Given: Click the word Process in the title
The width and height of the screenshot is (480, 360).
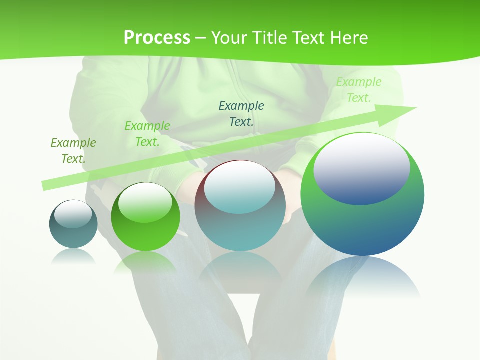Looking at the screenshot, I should (157, 38).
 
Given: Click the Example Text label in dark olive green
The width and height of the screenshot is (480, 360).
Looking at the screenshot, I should (73, 150).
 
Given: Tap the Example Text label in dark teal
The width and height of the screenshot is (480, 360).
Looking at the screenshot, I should (241, 113).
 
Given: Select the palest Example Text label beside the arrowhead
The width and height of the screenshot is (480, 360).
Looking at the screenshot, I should (359, 90).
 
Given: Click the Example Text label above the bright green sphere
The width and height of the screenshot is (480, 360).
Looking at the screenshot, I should (147, 133).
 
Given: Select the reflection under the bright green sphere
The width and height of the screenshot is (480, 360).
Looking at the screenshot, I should (145, 262).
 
